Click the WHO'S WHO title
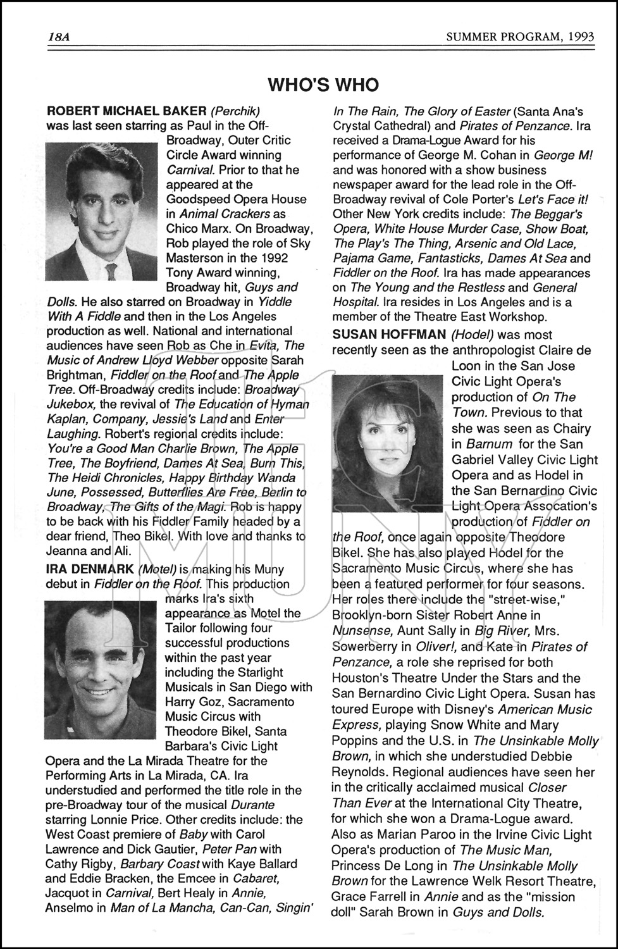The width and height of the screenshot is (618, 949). [323, 85]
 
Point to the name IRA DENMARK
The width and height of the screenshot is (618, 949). [90, 569]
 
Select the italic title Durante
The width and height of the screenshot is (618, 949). [253, 805]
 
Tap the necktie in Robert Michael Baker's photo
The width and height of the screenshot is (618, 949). [111, 271]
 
